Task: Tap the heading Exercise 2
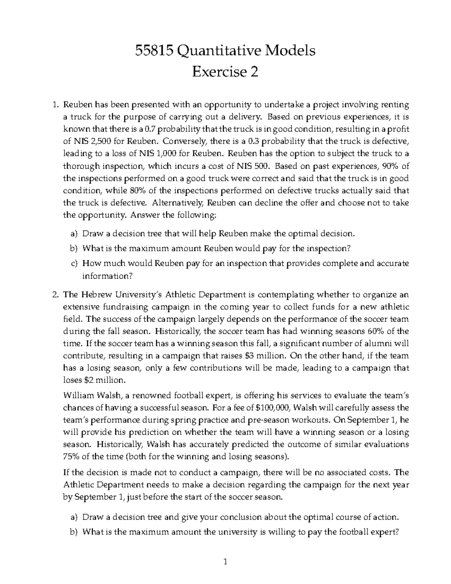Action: click(225, 71)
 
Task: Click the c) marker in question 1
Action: click(74, 264)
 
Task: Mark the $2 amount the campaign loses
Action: click(87, 380)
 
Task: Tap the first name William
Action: click(80, 395)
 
